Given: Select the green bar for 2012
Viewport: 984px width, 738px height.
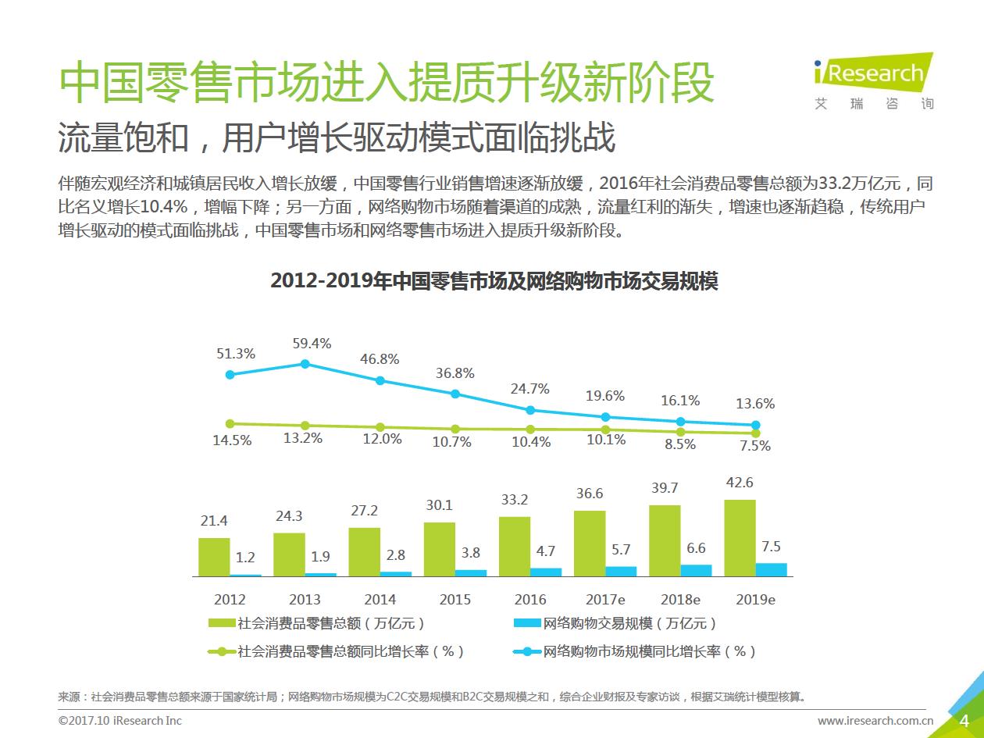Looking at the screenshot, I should pyautogui.click(x=214, y=557).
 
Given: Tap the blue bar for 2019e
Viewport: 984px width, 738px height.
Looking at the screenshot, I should pyautogui.click(x=772, y=569).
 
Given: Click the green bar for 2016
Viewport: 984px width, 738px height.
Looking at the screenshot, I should pyautogui.click(x=515, y=546).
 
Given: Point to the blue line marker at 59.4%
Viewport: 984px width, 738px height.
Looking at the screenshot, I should pyautogui.click(x=305, y=364).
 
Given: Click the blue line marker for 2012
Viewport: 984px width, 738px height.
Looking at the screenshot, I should pyautogui.click(x=230, y=375).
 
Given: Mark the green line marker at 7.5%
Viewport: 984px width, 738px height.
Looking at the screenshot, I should pyautogui.click(x=755, y=433).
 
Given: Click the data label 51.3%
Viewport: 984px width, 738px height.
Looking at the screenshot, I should pyautogui.click(x=236, y=354).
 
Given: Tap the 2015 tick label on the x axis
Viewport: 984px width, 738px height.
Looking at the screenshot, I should pyautogui.click(x=455, y=600).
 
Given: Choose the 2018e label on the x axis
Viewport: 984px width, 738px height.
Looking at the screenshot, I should pyautogui.click(x=680, y=600).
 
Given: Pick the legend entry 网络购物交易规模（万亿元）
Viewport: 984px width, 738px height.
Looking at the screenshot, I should pyautogui.click(x=617, y=623).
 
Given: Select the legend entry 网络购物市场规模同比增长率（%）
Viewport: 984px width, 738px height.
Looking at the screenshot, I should pyautogui.click(x=636, y=651).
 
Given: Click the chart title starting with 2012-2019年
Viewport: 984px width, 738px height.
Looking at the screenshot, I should pyautogui.click(x=494, y=281).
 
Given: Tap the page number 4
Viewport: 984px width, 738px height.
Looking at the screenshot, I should pyautogui.click(x=964, y=719).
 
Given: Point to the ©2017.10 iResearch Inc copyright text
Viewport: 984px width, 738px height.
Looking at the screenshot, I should pyautogui.click(x=120, y=720).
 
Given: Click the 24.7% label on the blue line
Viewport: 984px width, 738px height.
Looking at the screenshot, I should pyautogui.click(x=530, y=388).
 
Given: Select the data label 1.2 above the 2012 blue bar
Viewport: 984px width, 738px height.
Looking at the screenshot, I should pyautogui.click(x=246, y=558).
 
